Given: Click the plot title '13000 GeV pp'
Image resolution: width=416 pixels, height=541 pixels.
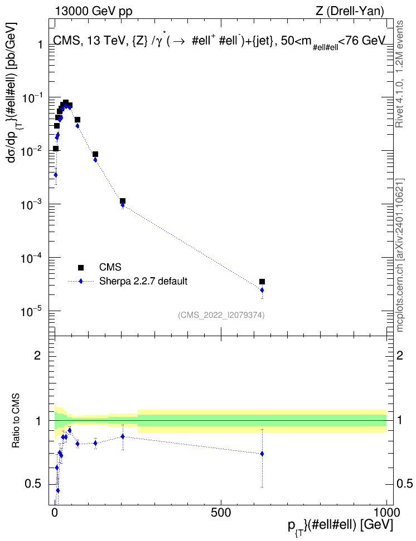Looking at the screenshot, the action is coord(93,11).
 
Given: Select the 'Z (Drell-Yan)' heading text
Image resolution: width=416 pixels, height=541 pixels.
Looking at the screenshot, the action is coord(350,11).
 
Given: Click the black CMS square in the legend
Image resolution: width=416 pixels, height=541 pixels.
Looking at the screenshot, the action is coord(81,267).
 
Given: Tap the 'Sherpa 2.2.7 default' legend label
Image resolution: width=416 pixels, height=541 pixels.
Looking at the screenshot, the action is coord(143,281).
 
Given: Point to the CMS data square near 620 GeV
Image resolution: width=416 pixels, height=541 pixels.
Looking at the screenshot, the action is coord(262,282).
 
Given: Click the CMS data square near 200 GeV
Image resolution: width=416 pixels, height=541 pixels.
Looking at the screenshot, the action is coord(123,201).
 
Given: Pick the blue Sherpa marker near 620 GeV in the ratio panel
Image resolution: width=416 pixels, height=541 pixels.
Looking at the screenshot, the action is coord(262,454).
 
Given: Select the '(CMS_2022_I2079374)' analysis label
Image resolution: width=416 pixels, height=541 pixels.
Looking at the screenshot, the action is coord(221,315).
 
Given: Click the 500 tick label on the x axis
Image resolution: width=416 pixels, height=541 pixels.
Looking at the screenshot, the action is coord(221,513).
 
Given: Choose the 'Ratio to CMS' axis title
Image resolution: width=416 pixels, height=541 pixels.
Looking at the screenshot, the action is coord(16,421).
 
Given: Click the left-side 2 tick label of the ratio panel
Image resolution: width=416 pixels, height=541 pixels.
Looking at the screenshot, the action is coord(37,355).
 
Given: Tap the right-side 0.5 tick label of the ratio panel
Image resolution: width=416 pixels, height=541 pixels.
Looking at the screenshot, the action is coord(404,484).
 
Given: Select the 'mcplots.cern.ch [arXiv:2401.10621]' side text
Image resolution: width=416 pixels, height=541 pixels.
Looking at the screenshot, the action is coord(400,255).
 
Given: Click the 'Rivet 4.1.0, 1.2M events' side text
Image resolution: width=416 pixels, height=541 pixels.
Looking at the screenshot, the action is coord(400,74).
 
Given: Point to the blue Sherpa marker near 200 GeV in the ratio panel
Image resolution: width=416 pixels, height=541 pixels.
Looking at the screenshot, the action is coord(123,436).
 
